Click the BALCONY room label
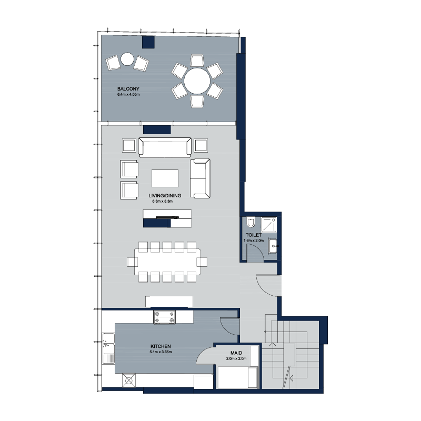pos(128,88)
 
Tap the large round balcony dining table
pos(197,81)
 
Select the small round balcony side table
pos(127,59)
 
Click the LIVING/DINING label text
pos(165,195)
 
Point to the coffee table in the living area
pos(165,178)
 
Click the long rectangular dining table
pos(167,262)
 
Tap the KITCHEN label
pos(161,346)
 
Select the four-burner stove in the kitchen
pos(164,317)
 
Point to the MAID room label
pos(236,353)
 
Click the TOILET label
pos(254,235)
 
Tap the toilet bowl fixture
pos(251,222)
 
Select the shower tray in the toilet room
pos(269,225)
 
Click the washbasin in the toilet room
pos(273,246)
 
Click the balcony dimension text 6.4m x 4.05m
pos(128,95)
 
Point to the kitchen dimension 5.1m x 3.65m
pos(161,352)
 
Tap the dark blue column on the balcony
pos(148,43)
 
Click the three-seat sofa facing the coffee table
pos(165,147)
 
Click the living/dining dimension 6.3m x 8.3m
pos(163,201)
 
